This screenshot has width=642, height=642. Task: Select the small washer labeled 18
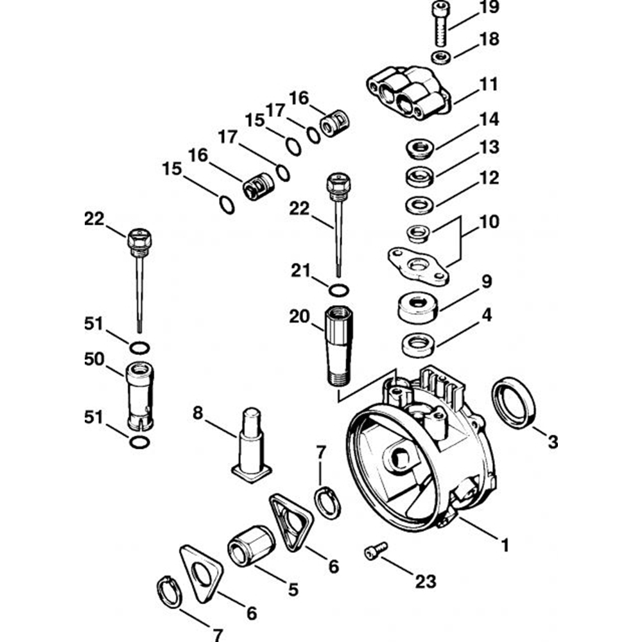pyautogui.click(x=441, y=56)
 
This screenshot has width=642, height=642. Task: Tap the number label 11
pyautogui.click(x=489, y=84)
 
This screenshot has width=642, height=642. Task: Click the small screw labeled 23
pyautogui.click(x=376, y=550)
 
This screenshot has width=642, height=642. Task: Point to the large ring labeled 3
pyautogui.click(x=513, y=403)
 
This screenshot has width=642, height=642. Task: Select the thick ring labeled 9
pyautogui.click(x=418, y=307)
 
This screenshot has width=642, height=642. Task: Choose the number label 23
pyautogui.click(x=425, y=582)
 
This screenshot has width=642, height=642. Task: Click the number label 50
pyautogui.click(x=94, y=360)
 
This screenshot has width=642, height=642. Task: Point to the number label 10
pyautogui.click(x=489, y=222)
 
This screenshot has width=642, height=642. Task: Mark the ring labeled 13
pyautogui.click(x=419, y=175)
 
